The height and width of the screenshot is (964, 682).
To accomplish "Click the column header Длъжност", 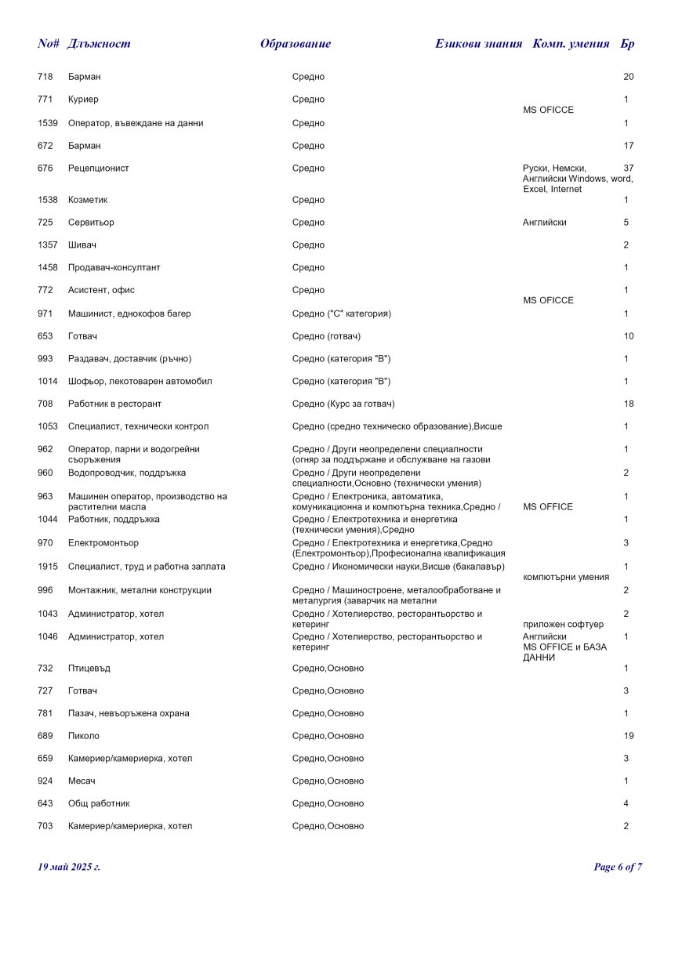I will click(x=99, y=44).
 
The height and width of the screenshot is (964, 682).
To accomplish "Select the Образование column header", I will click(x=296, y=44).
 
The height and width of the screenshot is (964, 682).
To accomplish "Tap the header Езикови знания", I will click(x=478, y=44).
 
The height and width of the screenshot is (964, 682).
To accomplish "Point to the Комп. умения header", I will click(x=571, y=44).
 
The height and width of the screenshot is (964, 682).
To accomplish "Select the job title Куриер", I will click(x=83, y=100).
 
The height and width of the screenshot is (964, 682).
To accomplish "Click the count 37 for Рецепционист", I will click(x=628, y=169).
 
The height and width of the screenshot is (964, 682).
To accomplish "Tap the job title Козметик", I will click(x=86, y=200).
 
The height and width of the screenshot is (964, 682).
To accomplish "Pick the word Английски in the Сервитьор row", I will click(x=544, y=223).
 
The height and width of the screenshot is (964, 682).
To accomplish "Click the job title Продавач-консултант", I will click(x=114, y=268).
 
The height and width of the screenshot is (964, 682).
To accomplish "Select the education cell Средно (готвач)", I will click(x=326, y=336).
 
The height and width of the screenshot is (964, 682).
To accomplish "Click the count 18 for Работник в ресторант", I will click(x=628, y=404).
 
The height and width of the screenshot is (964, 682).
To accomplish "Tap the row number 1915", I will click(x=47, y=567).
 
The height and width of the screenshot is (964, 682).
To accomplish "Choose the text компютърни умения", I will click(x=565, y=578).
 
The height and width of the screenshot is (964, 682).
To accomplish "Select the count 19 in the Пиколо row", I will click(x=628, y=737).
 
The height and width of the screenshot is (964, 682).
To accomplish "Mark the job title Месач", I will click(x=82, y=781).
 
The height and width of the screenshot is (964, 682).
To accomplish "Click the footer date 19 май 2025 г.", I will click(x=69, y=867).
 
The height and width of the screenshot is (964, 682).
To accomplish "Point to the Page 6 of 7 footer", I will click(x=618, y=867).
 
